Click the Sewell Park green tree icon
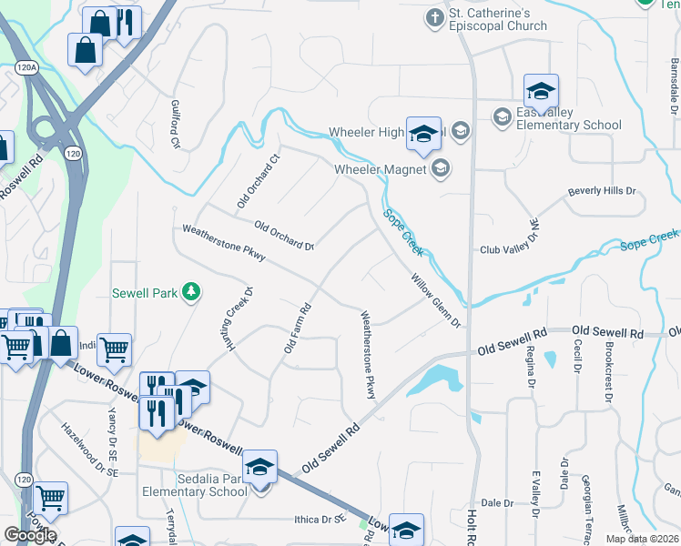click(x=191, y=291)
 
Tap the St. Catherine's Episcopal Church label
click(x=500, y=19)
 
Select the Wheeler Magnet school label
click(x=381, y=168)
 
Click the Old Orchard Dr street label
click(x=283, y=236)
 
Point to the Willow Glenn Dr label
click(x=436, y=301)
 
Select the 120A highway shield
click(x=26, y=68)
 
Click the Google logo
click(x=30, y=535)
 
